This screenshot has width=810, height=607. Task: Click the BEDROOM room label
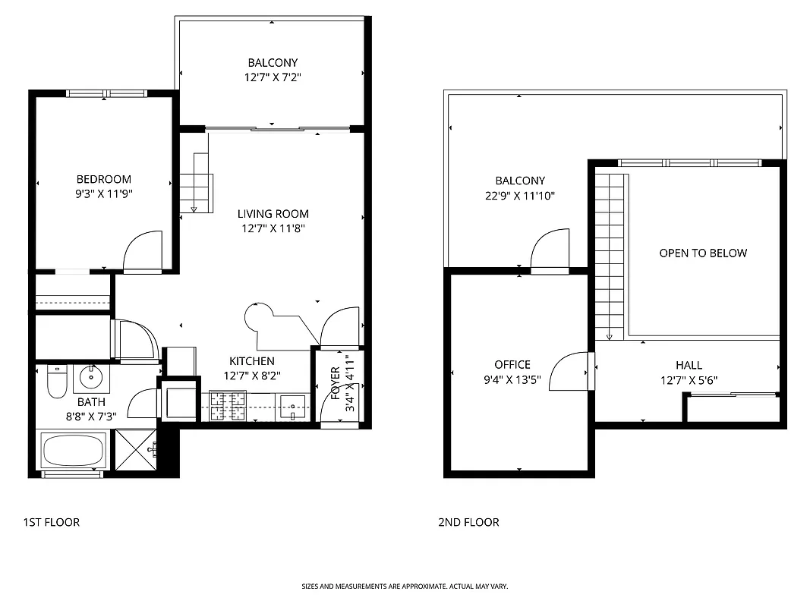tap(103, 179)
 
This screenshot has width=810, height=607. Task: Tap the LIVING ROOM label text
tap(273, 214)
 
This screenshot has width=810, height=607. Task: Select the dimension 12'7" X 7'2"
tap(273, 77)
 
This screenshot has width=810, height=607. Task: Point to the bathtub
tap(74, 451)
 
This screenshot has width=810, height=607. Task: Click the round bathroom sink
tap(92, 376)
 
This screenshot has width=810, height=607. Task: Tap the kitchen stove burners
tap(228, 405)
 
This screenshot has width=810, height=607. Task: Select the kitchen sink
tap(292, 406)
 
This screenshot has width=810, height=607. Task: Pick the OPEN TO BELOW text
tap(703, 253)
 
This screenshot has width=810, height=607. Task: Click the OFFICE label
tap(512, 364)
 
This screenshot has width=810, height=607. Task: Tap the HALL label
tap(689, 365)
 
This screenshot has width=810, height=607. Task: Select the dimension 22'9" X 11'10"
tap(520, 196)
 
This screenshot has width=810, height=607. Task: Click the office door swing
tap(569, 372)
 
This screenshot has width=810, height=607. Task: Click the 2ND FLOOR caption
tap(468, 522)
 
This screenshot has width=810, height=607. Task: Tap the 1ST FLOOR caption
tap(52, 522)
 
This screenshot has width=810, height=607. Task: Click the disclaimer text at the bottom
tap(405, 587)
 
